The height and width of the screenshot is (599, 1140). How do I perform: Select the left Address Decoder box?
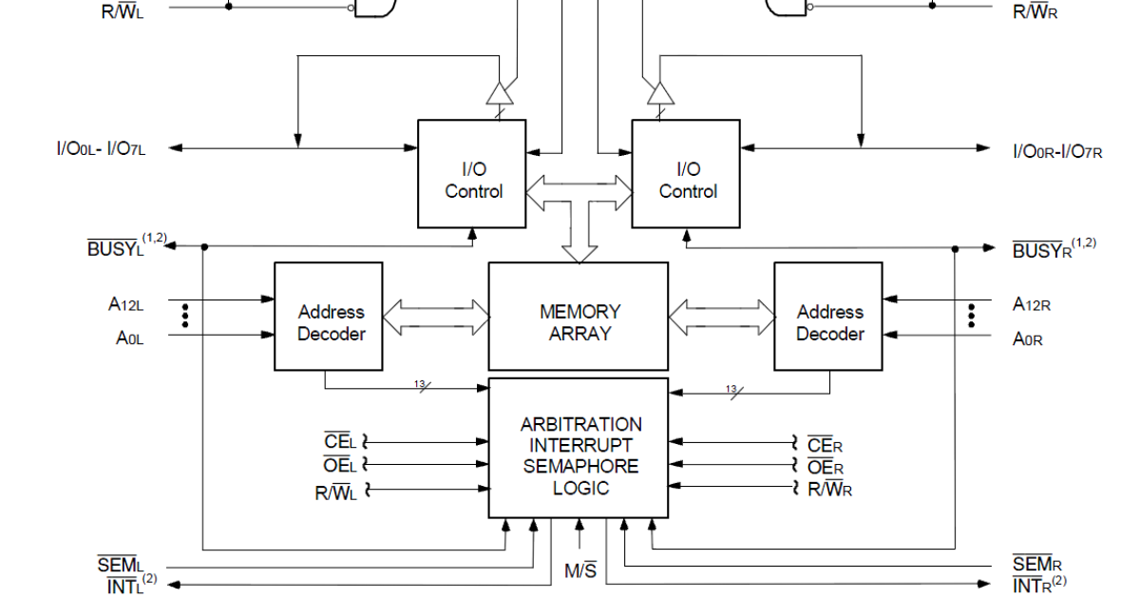(x=329, y=317)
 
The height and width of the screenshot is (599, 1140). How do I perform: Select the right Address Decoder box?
(x=828, y=317)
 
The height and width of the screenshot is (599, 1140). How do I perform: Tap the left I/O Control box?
(x=472, y=174)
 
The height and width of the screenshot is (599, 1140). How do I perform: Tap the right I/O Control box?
(x=687, y=174)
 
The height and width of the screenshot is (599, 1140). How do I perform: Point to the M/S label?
(x=579, y=571)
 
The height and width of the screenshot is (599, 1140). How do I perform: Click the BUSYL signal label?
(x=117, y=249)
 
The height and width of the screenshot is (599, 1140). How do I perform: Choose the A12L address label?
(x=126, y=304)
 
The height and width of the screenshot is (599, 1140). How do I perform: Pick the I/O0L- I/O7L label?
(x=101, y=148)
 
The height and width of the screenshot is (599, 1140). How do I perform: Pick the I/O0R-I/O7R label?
(x=1056, y=150)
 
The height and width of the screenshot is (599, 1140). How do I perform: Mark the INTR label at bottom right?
(x=1035, y=586)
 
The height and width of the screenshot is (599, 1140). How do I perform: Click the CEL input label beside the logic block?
(x=339, y=442)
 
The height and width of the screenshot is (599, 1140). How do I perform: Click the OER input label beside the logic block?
(x=825, y=467)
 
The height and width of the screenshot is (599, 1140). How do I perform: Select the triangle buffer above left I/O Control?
(x=500, y=93)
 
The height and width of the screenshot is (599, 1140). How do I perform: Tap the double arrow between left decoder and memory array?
(x=435, y=317)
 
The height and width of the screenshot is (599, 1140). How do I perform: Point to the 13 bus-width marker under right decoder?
(x=731, y=389)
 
